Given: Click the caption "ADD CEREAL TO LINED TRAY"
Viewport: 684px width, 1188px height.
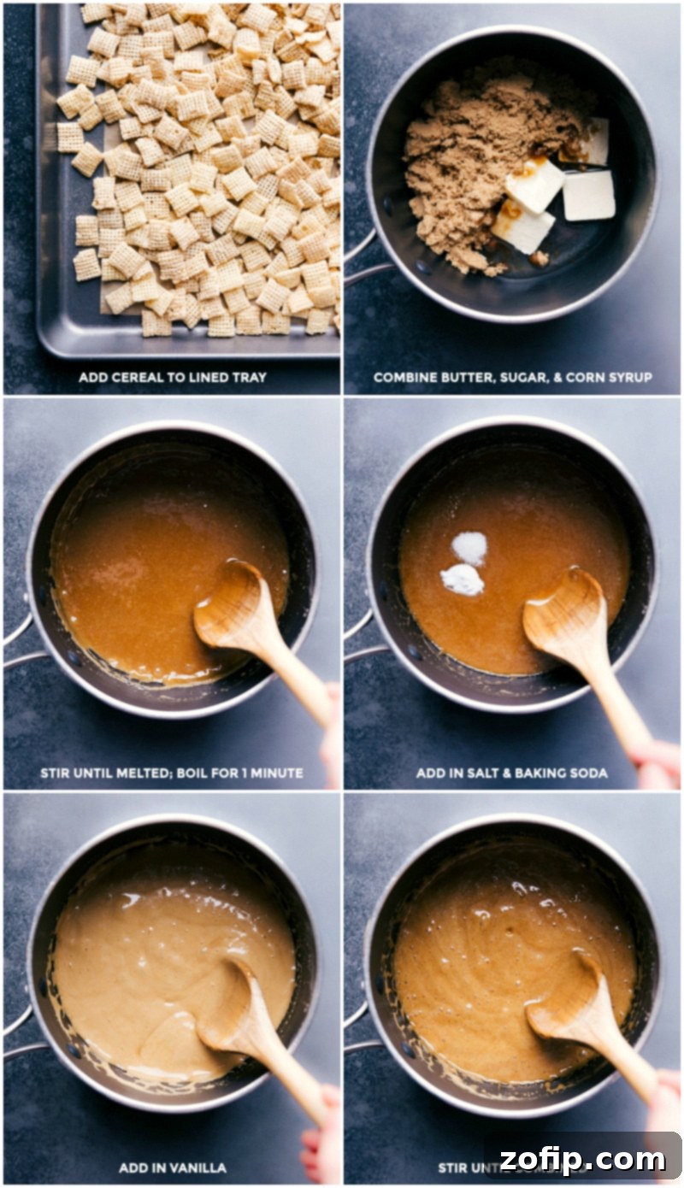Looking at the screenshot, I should (x=171, y=377).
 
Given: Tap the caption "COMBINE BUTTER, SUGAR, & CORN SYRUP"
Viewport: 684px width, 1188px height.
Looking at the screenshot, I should (x=512, y=377).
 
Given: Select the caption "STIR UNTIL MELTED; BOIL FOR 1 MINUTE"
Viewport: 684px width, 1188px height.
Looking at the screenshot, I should (x=171, y=773).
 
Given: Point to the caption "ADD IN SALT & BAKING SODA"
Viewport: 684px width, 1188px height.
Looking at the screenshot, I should (x=512, y=773).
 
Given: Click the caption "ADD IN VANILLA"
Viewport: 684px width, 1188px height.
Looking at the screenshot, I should (x=171, y=1167).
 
